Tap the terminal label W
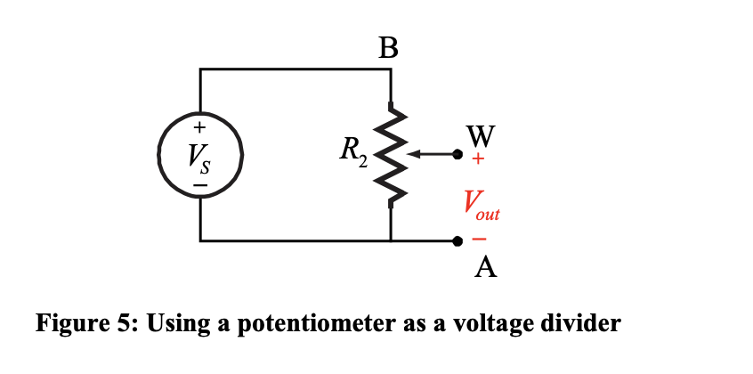pos(480,135)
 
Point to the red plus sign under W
pos(479,160)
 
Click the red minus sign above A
pos(480,240)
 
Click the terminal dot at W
pos(457,155)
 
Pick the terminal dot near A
pos(457,240)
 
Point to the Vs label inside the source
pos(198,157)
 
